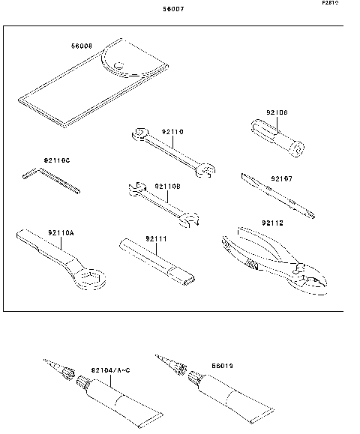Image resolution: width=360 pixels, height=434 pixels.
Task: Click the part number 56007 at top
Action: coord(173,10)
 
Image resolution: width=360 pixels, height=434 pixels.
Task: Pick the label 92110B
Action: coord(169,186)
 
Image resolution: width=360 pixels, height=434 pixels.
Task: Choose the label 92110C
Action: coord(57,160)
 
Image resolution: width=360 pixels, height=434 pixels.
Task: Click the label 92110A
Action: coord(61,233)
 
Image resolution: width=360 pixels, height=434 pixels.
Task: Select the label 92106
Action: coord(277,113)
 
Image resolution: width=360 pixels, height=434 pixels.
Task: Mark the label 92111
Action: coord(155,238)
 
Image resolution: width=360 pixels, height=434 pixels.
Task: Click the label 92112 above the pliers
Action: coord(273,223)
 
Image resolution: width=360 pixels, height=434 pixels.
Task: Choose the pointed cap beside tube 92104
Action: coord(58,370)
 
